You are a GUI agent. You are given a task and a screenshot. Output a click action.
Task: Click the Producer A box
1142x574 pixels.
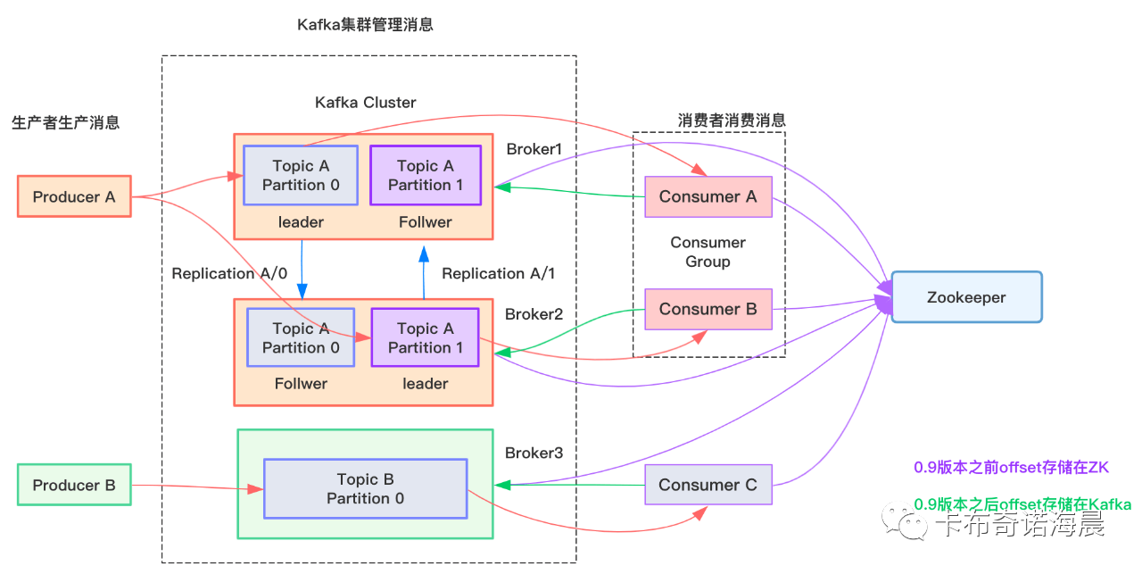pos(74,196)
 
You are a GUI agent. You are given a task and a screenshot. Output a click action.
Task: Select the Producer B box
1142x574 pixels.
pos(74,485)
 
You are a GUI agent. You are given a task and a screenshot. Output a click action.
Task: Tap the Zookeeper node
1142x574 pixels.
pos(966,297)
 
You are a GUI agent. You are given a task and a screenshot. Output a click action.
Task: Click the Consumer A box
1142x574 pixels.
pos(708,196)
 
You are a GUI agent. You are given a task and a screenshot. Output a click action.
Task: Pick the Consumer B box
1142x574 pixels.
pos(708,309)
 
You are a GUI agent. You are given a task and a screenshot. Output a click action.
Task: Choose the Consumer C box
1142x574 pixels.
pos(708,485)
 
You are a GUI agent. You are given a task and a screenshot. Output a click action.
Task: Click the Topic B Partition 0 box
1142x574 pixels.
pos(365,489)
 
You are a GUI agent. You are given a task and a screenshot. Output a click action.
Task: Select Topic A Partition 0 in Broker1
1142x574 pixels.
pos(301,175)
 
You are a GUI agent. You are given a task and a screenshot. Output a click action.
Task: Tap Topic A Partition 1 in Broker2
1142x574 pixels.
pos(426,337)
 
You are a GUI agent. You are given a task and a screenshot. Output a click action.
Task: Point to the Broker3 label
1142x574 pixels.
pos(534,453)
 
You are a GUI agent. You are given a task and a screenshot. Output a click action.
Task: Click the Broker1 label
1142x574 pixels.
pos(534,148)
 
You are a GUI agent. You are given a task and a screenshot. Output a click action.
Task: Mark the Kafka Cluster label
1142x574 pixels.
pos(366,103)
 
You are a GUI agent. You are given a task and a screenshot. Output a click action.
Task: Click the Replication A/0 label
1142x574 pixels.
pos(229,273)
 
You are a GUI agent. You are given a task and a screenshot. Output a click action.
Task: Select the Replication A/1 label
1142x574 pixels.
pos(498,273)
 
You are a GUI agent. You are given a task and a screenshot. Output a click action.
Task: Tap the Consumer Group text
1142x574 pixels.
pos(708,252)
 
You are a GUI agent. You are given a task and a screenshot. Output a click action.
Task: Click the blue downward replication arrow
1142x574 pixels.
pos(302,269)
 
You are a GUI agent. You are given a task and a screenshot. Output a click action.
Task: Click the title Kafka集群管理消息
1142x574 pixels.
pos(365,25)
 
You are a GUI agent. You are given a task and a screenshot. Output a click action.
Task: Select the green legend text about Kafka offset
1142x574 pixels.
pos(1022,504)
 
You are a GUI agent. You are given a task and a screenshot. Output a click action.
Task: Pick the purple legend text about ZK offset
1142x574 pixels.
pos(1011,467)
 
